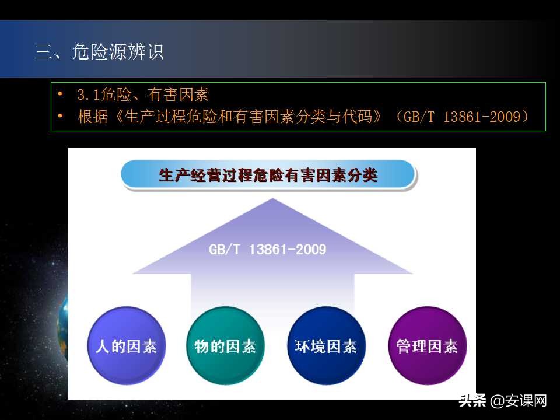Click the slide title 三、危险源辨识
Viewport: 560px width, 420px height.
(x=99, y=52)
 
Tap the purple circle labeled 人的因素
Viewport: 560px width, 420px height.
(x=126, y=346)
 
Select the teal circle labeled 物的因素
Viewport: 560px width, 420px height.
(x=225, y=346)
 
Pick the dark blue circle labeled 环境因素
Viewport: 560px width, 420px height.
(x=322, y=346)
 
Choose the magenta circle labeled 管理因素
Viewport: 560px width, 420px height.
(x=427, y=346)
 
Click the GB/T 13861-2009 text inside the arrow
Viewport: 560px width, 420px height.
(x=267, y=250)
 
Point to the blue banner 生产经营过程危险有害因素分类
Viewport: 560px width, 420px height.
(x=268, y=175)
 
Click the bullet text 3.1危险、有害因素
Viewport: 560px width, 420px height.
(x=143, y=94)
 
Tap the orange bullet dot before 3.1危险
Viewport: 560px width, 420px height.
(x=60, y=94)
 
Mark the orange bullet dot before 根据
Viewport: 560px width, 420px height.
(x=60, y=116)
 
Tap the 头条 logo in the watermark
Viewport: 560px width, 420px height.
(x=473, y=401)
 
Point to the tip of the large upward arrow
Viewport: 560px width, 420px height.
(x=272, y=200)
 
